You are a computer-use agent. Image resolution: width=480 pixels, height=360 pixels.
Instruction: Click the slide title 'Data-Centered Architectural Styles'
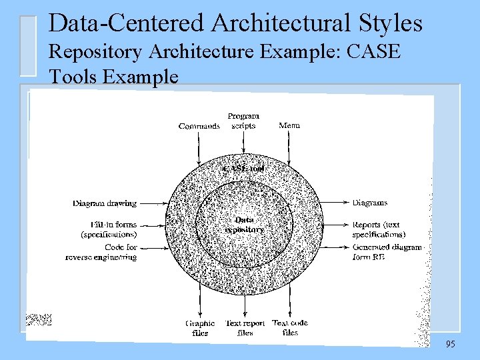click(x=235, y=23)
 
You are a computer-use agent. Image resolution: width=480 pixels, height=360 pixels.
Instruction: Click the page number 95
click(x=451, y=345)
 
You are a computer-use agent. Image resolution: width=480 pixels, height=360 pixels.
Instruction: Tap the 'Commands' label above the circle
click(x=199, y=126)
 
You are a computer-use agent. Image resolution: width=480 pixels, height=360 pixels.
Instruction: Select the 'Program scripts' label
click(x=243, y=121)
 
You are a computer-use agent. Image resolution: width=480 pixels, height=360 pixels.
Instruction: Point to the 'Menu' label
click(x=289, y=125)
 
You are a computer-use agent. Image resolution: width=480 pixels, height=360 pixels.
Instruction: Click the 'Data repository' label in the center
click(x=244, y=225)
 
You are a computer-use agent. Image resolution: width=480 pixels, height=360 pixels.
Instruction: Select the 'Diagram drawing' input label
click(x=105, y=203)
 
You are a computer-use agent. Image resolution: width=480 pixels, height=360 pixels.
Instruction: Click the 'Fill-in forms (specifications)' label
click(x=109, y=229)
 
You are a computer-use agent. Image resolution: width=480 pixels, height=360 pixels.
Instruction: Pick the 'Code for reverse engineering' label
click(x=101, y=252)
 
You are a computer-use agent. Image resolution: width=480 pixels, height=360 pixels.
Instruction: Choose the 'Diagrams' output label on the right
click(x=369, y=203)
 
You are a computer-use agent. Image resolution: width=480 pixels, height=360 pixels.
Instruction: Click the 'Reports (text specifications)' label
click(x=378, y=229)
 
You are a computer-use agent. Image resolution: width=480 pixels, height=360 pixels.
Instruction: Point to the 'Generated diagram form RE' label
click(x=387, y=252)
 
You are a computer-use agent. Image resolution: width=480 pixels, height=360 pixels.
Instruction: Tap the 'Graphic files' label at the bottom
click(x=200, y=328)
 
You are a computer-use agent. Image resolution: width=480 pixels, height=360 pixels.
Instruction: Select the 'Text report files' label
click(x=245, y=328)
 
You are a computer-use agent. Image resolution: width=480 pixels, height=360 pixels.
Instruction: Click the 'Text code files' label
click(x=290, y=327)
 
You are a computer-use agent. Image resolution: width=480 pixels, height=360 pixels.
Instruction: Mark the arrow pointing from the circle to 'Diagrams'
click(x=337, y=203)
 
